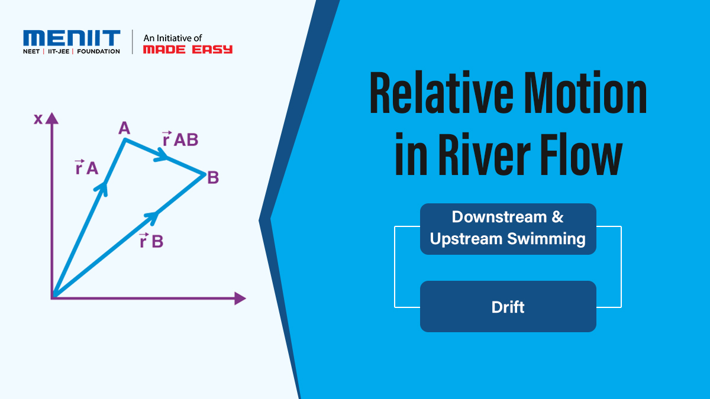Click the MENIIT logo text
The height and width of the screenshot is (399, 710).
coord(72,38)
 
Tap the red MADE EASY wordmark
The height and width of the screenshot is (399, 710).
coord(188,50)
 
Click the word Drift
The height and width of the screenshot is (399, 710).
coord(508,307)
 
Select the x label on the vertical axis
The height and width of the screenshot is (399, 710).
coord(38,119)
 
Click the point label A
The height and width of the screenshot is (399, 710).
coord(124,128)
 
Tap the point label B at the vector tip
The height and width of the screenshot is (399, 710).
coord(213,177)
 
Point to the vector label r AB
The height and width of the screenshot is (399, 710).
coord(180,140)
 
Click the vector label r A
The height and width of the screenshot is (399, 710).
coord(86,168)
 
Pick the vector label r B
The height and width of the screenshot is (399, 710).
coord(151,241)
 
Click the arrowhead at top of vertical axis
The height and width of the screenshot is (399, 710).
coord(53,118)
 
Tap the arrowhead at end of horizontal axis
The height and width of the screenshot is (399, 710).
coord(240,299)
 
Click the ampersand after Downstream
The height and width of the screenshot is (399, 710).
coord(557,217)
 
